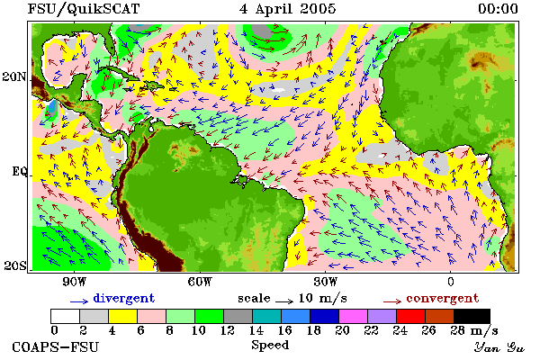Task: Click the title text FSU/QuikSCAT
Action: tap(84, 9)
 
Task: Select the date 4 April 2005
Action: tap(287, 9)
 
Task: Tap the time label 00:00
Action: tap(498, 9)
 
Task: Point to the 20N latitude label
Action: tap(14, 76)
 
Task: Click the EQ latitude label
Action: tap(19, 171)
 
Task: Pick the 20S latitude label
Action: tap(15, 265)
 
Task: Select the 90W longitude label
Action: tap(74, 282)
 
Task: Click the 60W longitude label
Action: tap(200, 282)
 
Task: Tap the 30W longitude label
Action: tap(326, 282)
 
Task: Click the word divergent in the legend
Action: tap(124, 298)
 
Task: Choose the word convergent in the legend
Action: tap(443, 298)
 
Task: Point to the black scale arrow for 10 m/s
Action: tap(284, 301)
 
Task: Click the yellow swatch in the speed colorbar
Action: tap(122, 316)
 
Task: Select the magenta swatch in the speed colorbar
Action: tap(353, 316)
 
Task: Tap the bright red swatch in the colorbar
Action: tap(410, 316)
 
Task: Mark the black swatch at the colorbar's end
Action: tap(472, 316)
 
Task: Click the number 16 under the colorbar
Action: tap(284, 330)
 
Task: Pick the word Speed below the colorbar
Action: tap(270, 346)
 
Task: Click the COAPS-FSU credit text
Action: tap(55, 346)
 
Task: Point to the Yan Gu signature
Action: tap(499, 347)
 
